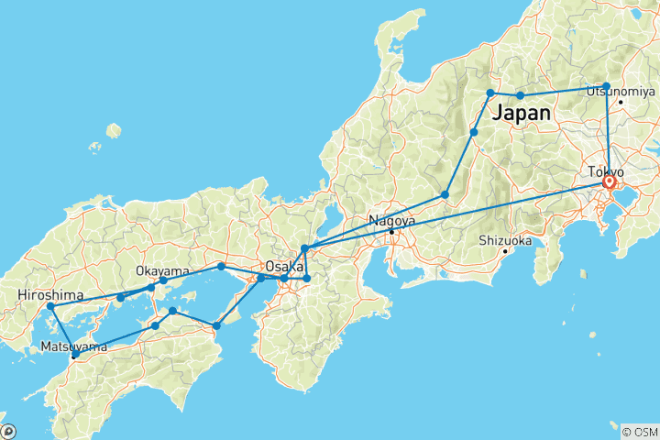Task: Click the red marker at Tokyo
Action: [609, 182]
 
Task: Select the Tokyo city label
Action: [607, 171]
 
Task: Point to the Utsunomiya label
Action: [621, 91]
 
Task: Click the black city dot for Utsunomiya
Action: [621, 102]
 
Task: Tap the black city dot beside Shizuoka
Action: [504, 251]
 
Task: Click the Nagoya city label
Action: [391, 221]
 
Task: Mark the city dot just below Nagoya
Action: [391, 232]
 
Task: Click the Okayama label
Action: [162, 271]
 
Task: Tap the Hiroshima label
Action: [50, 295]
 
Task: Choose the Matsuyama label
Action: [72, 346]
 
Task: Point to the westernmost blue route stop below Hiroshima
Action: [50, 306]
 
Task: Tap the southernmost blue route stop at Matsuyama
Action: [75, 354]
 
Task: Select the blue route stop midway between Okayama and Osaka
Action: [221, 266]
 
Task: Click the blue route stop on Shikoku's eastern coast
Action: [216, 325]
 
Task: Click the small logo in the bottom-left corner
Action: [9, 430]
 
